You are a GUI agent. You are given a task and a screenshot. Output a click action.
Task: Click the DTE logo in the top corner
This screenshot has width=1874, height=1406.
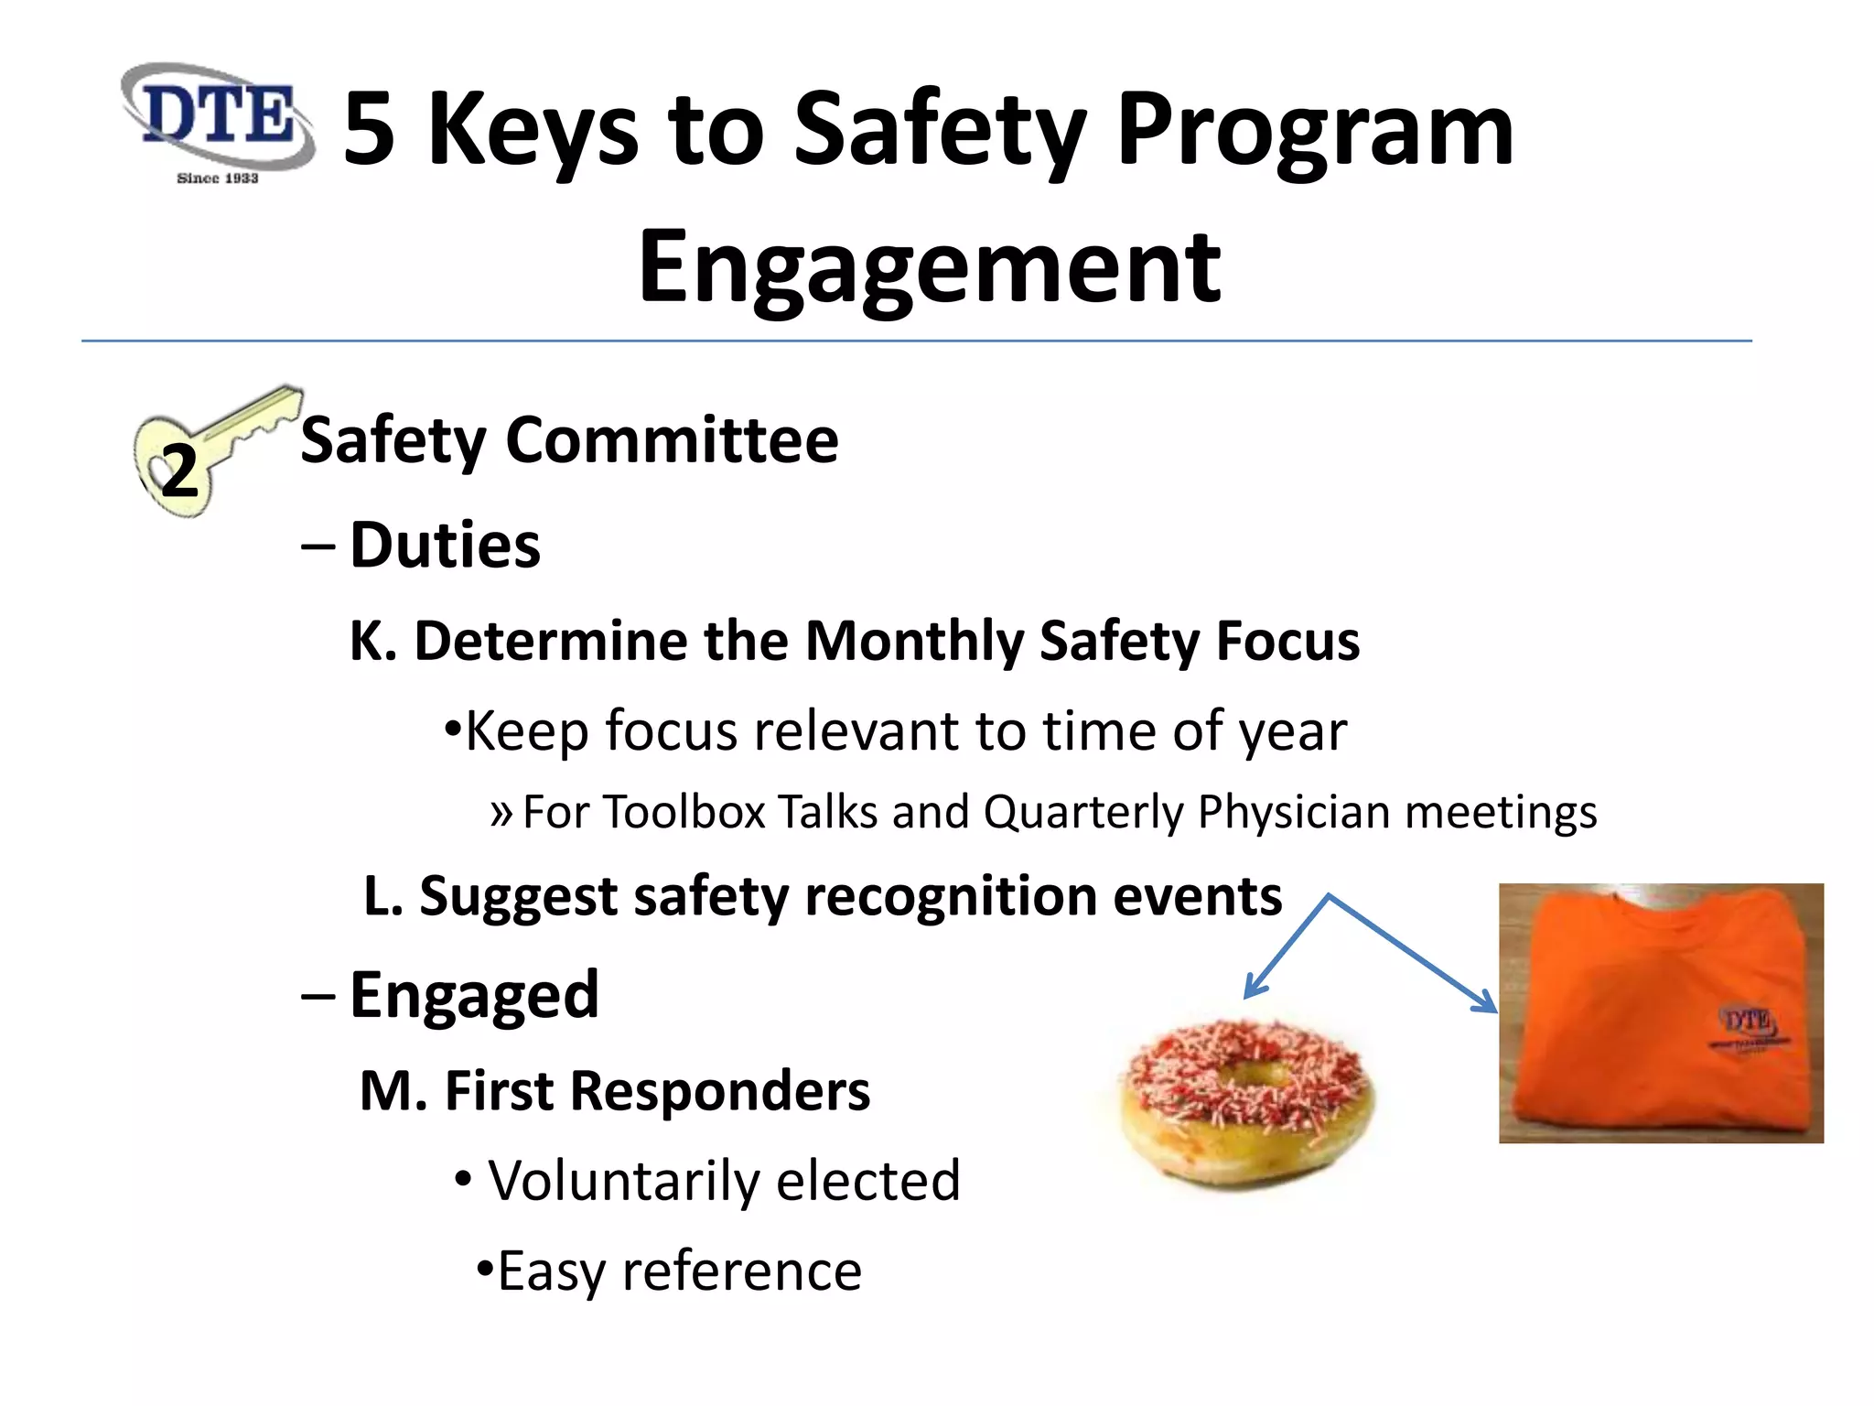pos(218,122)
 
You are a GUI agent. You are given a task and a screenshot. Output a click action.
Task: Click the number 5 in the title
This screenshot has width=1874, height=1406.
pos(370,130)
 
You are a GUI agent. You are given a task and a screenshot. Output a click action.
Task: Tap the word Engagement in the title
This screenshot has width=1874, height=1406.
pos(929,267)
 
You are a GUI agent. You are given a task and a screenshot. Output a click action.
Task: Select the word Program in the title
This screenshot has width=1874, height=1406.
pos(1315,130)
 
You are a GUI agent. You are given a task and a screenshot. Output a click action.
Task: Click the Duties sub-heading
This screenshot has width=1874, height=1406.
pos(445,546)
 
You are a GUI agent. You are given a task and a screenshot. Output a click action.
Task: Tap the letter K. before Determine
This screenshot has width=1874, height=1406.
pos(372,641)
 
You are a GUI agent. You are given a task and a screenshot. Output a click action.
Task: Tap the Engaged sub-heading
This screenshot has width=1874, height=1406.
pos(474,995)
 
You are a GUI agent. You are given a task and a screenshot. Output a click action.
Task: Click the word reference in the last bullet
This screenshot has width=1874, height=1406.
pos(741,1271)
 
